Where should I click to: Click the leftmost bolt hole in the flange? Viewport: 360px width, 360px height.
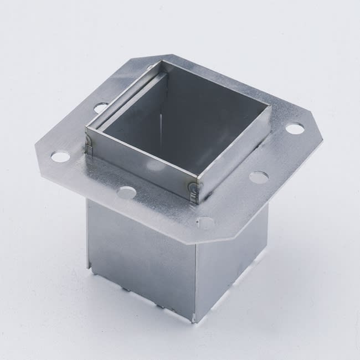click(x=60, y=157)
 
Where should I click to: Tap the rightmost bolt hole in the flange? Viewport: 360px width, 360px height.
click(x=295, y=128)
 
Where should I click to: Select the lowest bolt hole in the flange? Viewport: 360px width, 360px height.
click(x=205, y=223)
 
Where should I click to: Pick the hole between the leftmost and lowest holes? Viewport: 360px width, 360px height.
click(x=127, y=192)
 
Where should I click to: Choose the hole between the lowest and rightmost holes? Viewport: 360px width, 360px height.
click(x=258, y=177)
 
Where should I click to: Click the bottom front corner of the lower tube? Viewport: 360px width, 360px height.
click(x=194, y=321)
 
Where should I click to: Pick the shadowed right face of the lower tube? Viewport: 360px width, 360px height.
click(x=233, y=260)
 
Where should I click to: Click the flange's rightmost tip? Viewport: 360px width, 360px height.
click(x=322, y=138)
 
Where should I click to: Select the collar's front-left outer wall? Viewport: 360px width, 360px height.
click(x=138, y=161)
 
